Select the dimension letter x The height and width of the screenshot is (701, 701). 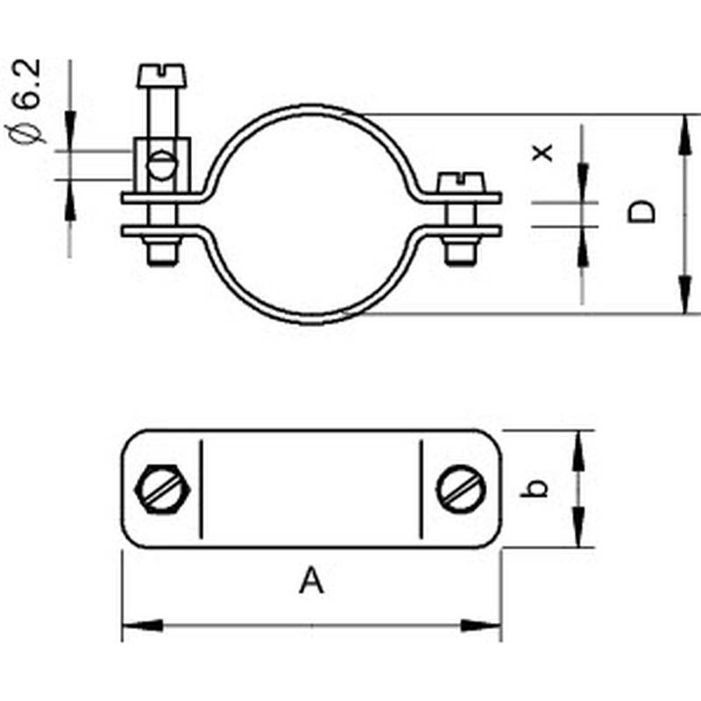point(544,152)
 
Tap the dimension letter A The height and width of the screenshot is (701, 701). point(311,580)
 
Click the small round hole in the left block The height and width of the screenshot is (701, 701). point(162,164)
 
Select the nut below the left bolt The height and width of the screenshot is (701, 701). point(162,253)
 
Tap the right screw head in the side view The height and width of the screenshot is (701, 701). point(460,181)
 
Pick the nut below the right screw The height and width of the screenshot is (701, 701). point(460,252)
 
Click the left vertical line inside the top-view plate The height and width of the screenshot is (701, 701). point(201,489)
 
